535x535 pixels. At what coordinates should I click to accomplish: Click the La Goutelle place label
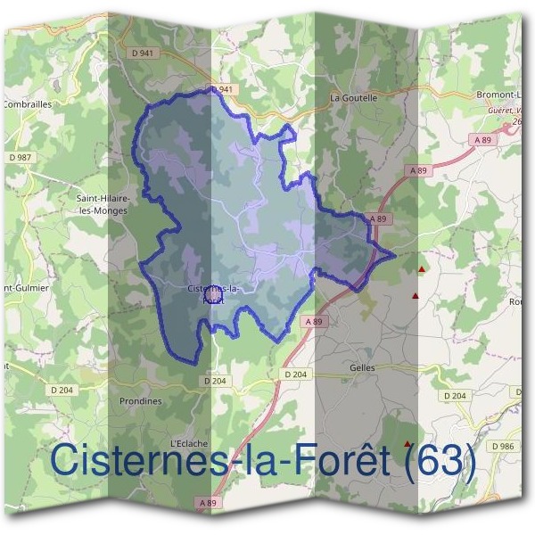click(x=354, y=97)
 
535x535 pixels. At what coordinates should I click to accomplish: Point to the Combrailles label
click(x=28, y=103)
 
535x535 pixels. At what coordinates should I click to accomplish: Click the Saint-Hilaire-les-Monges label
click(x=103, y=204)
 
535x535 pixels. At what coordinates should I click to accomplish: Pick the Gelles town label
click(x=363, y=367)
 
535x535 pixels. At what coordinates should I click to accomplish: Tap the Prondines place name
click(x=141, y=401)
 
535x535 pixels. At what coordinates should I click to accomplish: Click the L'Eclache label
click(x=188, y=443)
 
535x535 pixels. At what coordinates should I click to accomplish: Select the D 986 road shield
click(x=503, y=445)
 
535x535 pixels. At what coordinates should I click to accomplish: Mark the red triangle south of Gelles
click(x=408, y=443)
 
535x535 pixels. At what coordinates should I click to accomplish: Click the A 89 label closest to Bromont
click(x=482, y=140)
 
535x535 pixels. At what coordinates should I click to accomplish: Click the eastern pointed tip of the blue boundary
click(x=394, y=255)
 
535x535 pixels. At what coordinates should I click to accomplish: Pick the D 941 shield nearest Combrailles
click(x=141, y=53)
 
